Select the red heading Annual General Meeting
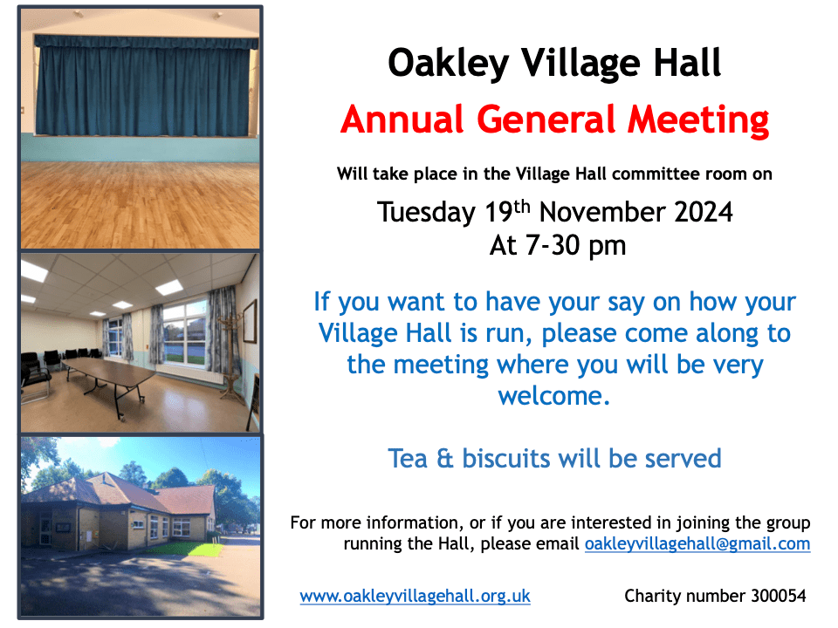[x=554, y=119]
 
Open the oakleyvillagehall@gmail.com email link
[x=697, y=544]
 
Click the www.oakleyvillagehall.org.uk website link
[x=415, y=597]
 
